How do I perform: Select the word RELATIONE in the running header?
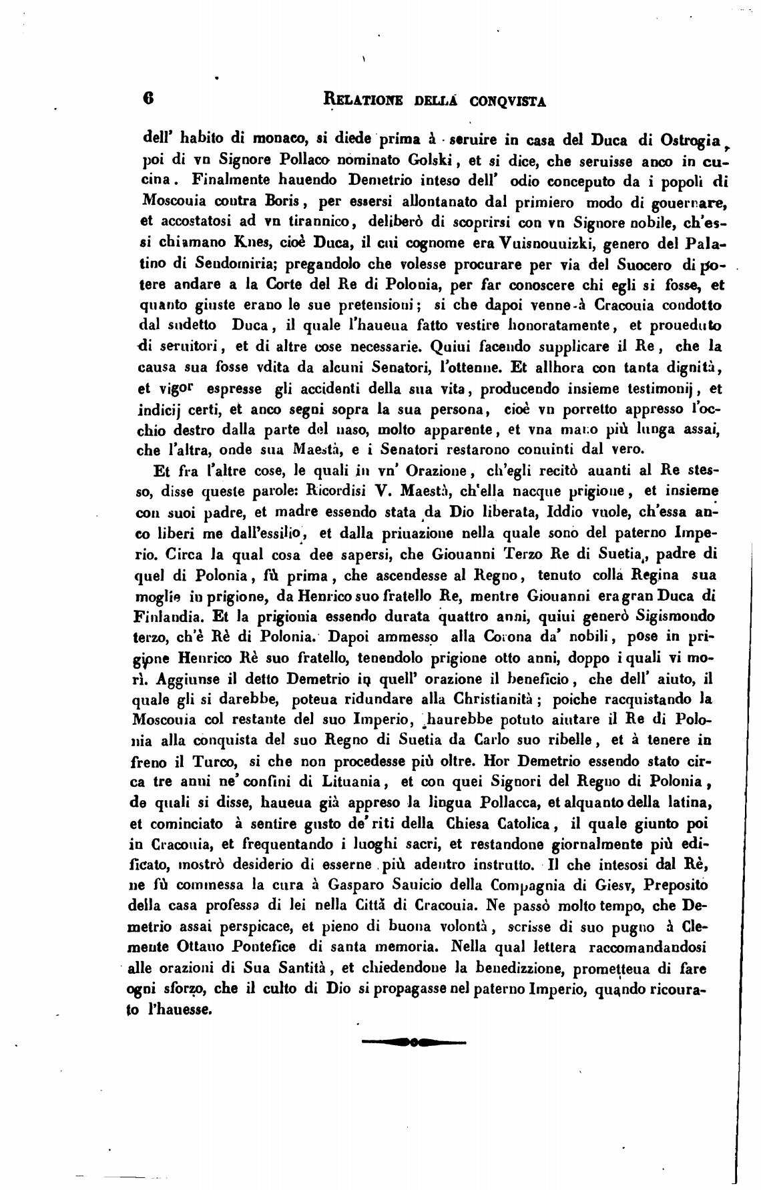362,99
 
